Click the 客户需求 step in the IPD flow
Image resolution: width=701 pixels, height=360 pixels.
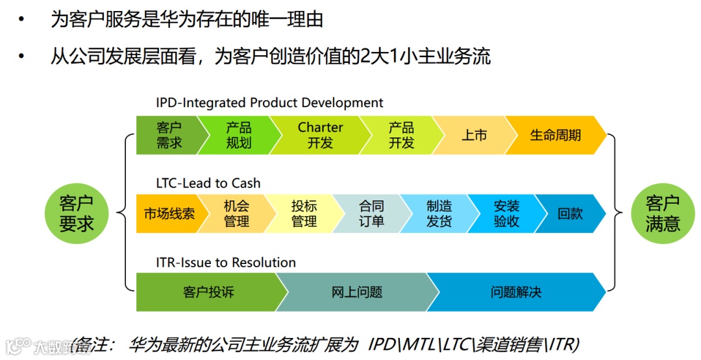168,135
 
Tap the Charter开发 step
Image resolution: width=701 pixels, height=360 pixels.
320,135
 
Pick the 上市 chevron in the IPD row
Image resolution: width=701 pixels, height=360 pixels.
474,136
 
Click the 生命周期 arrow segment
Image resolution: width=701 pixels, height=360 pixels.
556,136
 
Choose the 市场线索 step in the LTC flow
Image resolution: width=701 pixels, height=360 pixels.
169,213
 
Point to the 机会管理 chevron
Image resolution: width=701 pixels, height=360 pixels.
236,213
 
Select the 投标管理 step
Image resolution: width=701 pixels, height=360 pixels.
304,213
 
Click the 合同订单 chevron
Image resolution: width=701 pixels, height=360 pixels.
371,213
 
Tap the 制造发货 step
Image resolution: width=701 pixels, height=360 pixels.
439,213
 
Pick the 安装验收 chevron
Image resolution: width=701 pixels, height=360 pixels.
506,213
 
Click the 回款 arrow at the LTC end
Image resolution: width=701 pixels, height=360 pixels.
570,213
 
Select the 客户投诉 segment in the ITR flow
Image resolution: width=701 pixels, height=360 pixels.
208,293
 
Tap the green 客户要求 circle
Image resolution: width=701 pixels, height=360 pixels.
77,214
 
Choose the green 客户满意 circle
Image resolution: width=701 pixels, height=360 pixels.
663,214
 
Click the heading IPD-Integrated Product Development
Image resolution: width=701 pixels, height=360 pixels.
269,102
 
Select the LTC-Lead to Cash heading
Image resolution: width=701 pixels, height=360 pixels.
208,183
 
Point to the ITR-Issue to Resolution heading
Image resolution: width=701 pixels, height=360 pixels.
226,262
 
